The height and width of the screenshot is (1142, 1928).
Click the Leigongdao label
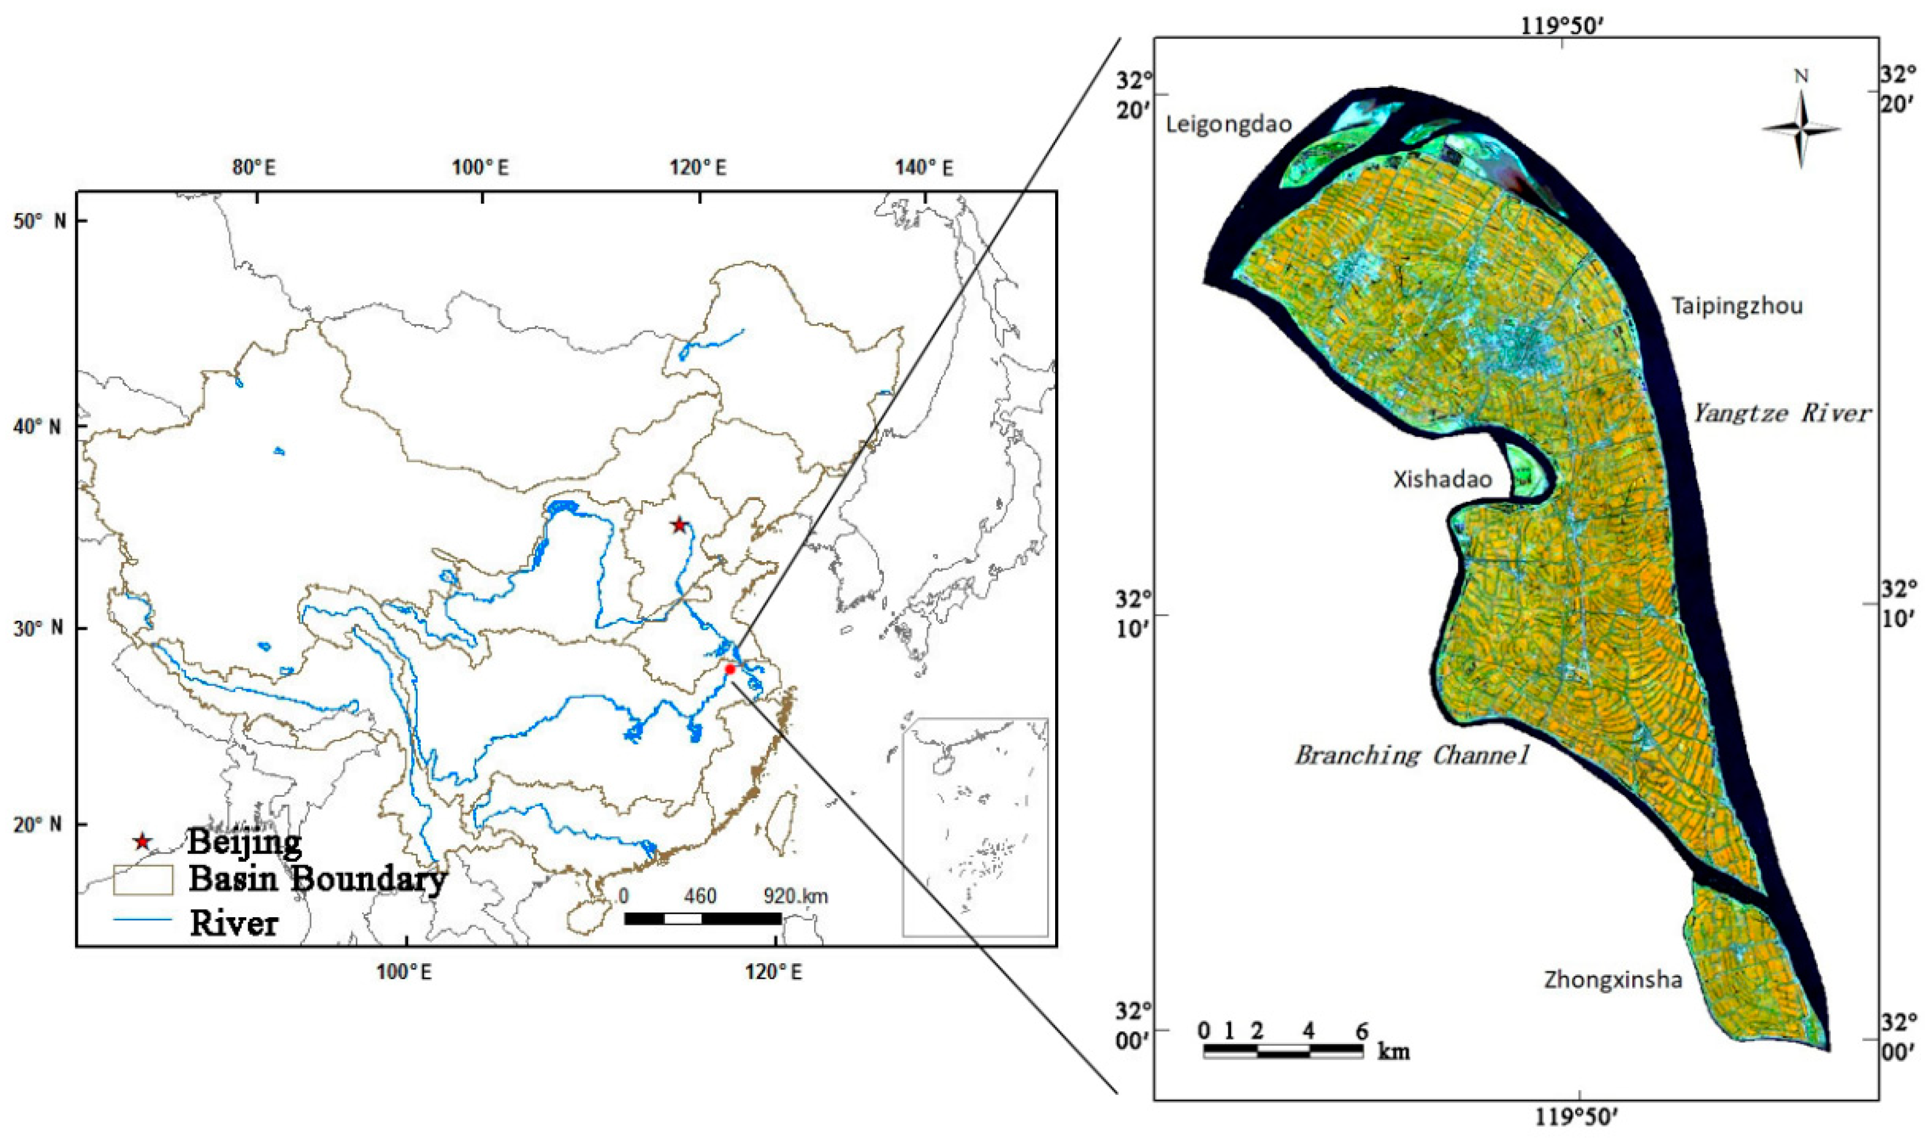pos(1229,125)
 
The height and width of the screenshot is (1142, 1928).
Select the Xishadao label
pos(1442,479)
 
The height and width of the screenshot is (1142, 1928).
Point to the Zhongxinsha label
pos(1612,980)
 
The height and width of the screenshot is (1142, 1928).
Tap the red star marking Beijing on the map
pos(678,526)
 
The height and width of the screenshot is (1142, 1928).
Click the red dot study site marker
pos(730,669)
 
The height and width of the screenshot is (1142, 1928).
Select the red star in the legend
pos(141,841)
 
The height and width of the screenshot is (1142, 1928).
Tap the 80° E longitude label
pos(254,167)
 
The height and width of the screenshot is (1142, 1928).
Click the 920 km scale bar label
pos(795,896)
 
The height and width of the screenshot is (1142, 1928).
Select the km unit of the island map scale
pos(1393,1052)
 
